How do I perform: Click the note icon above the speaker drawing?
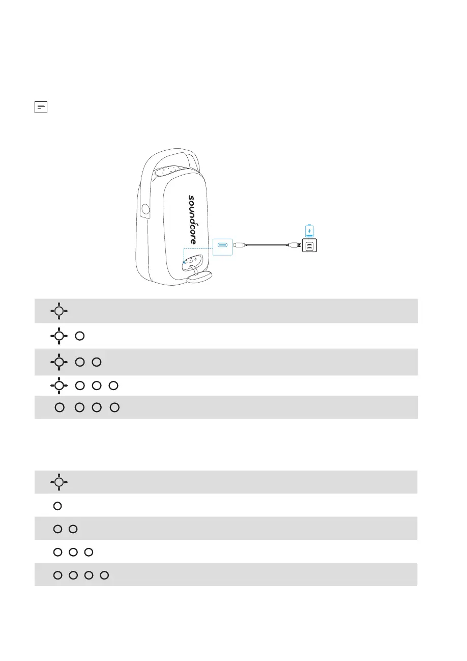pyautogui.click(x=41, y=107)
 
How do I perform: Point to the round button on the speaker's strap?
pyautogui.click(x=146, y=208)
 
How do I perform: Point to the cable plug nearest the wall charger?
pyautogui.click(x=295, y=246)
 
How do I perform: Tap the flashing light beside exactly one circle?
pyautogui.click(x=59, y=336)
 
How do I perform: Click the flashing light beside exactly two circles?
pyautogui.click(x=59, y=362)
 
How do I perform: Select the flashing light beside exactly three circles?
pyautogui.click(x=59, y=385)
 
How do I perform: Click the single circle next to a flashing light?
pyautogui.click(x=79, y=336)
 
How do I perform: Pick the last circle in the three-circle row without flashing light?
pyautogui.click(x=89, y=552)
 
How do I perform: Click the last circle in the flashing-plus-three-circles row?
pyautogui.click(x=113, y=385)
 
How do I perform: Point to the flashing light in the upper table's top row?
pyautogui.click(x=59, y=311)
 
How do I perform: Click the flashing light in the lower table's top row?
pyautogui.click(x=59, y=482)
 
